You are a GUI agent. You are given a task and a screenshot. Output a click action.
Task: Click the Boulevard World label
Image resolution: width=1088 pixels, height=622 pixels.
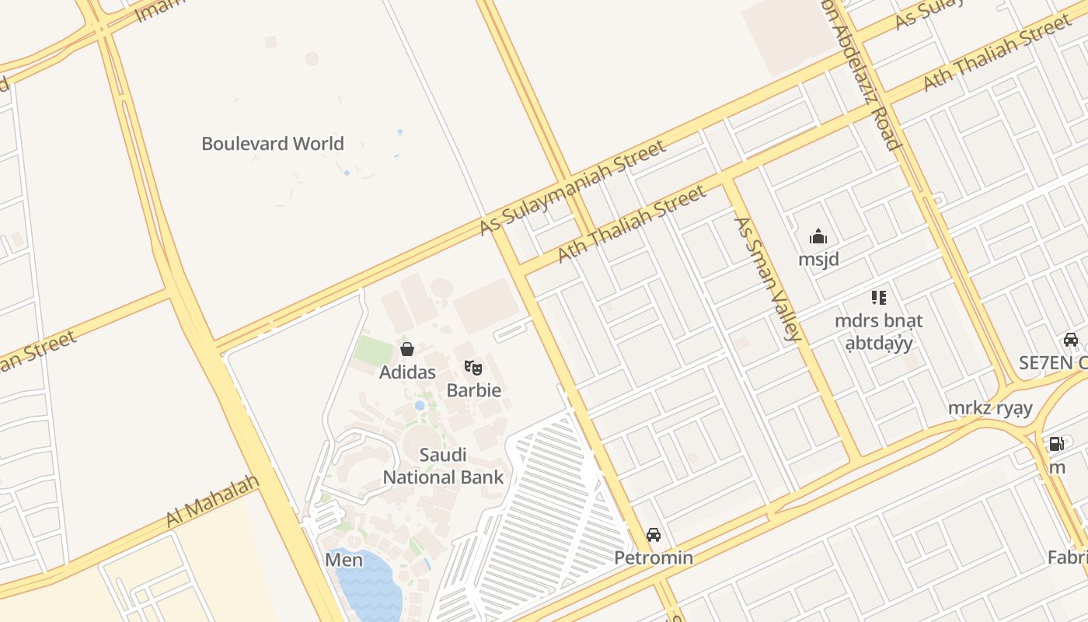pos(272,144)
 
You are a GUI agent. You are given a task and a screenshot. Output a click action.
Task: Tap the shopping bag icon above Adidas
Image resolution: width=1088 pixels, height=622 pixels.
pos(406,349)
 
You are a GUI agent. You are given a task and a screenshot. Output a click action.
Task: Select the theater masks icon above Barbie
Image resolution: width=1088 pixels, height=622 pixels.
pos(473,367)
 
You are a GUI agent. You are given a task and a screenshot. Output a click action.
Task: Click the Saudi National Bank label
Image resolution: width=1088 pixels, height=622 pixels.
pos(443,466)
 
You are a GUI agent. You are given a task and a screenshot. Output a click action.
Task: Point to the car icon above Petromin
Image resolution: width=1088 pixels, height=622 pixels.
pos(654,535)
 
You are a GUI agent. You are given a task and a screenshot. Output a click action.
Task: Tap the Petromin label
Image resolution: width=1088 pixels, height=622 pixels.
pos(654,557)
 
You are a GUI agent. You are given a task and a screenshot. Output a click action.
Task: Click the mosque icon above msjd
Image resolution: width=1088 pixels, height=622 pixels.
pos(818,236)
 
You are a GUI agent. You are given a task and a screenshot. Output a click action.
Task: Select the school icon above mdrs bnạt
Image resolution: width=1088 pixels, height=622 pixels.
pos(878,297)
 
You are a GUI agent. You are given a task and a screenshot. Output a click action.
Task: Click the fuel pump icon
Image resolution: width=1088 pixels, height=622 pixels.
pos(1056,444)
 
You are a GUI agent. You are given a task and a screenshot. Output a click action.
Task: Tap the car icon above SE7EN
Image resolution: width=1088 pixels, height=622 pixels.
pos(1071,340)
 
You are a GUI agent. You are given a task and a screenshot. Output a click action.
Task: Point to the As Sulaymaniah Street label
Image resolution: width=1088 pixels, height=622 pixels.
pos(572,187)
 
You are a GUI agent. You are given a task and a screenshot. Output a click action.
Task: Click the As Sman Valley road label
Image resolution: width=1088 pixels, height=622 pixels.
pos(767,279)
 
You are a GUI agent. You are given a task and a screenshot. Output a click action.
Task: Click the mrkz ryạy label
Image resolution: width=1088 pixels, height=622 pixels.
pos(990,408)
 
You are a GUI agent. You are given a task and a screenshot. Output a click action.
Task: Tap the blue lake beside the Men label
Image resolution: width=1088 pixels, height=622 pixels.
pos(370,587)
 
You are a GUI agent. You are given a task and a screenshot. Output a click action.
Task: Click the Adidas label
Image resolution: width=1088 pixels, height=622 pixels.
pos(407,372)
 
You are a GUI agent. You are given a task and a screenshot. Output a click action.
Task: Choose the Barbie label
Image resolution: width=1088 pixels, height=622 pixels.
pos(473,390)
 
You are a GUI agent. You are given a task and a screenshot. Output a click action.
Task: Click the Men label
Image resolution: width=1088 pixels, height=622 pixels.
pos(343,560)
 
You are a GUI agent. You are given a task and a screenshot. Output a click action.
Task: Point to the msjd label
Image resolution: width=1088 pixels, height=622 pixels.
pos(818,259)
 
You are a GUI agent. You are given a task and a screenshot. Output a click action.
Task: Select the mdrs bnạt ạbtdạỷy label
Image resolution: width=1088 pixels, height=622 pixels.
pos(878,331)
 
